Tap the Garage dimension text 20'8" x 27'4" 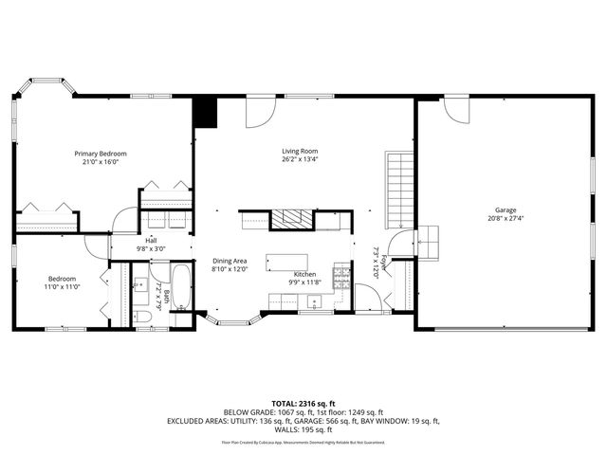coord(504,219)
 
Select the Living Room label coord(299,151)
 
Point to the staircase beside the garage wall coord(399,190)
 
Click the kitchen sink coord(312,302)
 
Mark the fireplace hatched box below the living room coord(290,220)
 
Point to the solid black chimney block coord(205,112)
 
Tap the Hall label coord(151,241)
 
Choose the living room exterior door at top coord(260,112)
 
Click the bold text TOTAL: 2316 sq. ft coord(303,404)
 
